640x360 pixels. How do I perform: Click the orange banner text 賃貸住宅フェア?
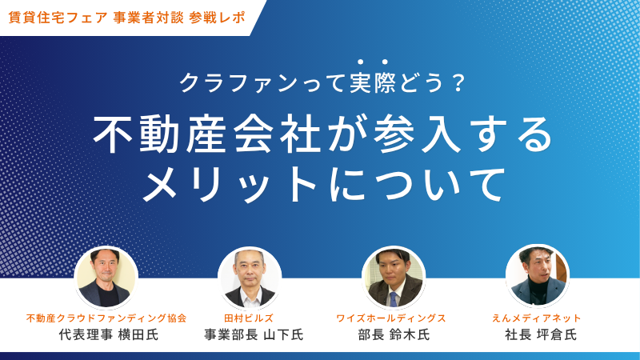tap(58, 18)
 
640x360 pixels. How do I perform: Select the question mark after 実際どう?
tap(458, 83)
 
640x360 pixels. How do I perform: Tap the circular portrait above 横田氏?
tap(106, 278)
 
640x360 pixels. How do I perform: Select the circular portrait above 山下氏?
tap(250, 278)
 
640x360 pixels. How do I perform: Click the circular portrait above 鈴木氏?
tap(394, 278)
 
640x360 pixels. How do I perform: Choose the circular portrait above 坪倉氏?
tap(537, 276)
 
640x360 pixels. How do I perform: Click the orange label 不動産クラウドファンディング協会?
tap(106, 318)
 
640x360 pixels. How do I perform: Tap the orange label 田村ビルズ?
tap(249, 318)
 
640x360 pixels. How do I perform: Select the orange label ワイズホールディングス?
tap(390, 318)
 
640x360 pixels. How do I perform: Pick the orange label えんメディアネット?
tap(536, 318)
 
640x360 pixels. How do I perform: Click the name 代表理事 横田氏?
tap(108, 334)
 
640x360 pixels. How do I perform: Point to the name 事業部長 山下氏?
tap(254, 334)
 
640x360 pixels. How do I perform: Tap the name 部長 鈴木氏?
tap(394, 334)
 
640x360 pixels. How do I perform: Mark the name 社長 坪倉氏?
tap(541, 334)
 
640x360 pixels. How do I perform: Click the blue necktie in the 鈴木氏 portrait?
tap(393, 298)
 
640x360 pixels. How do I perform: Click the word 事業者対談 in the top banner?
tap(149, 18)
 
